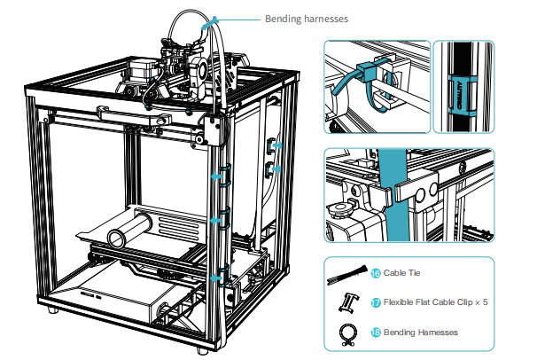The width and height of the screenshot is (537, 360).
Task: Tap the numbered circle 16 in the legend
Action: pyautogui.click(x=375, y=275)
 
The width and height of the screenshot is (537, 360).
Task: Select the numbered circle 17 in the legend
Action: pyautogui.click(x=375, y=302)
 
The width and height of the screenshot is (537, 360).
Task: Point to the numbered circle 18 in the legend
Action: pyautogui.click(x=375, y=333)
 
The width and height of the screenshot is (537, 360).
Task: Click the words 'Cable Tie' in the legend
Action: pyautogui.click(x=401, y=275)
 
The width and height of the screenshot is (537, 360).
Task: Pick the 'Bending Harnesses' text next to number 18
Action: pyautogui.click(x=420, y=333)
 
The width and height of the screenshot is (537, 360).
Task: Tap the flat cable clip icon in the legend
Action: pyautogui.click(x=348, y=302)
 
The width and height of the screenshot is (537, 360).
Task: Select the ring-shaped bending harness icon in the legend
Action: pyautogui.click(x=348, y=333)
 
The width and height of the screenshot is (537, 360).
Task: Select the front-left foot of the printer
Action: pyautogui.click(x=58, y=314)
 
